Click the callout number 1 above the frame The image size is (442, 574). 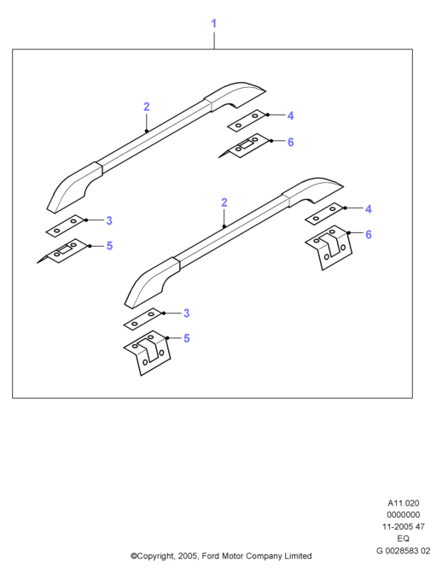point(214,23)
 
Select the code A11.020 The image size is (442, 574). point(404,503)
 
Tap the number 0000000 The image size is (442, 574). point(404,515)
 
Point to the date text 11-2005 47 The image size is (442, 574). point(404,526)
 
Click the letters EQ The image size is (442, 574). point(404,538)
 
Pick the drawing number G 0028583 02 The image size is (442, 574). point(404,551)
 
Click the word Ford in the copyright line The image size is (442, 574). point(210,556)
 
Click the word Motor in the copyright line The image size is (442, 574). point(232,556)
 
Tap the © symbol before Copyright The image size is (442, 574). point(134,556)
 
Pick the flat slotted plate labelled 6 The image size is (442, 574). point(244,145)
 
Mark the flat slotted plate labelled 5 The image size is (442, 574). point(63,251)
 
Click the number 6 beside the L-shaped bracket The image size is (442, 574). point(368,234)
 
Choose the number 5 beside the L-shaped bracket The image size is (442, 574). point(187,338)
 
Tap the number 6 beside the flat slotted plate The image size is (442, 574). point(290,142)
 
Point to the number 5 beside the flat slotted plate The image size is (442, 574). point(109,246)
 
